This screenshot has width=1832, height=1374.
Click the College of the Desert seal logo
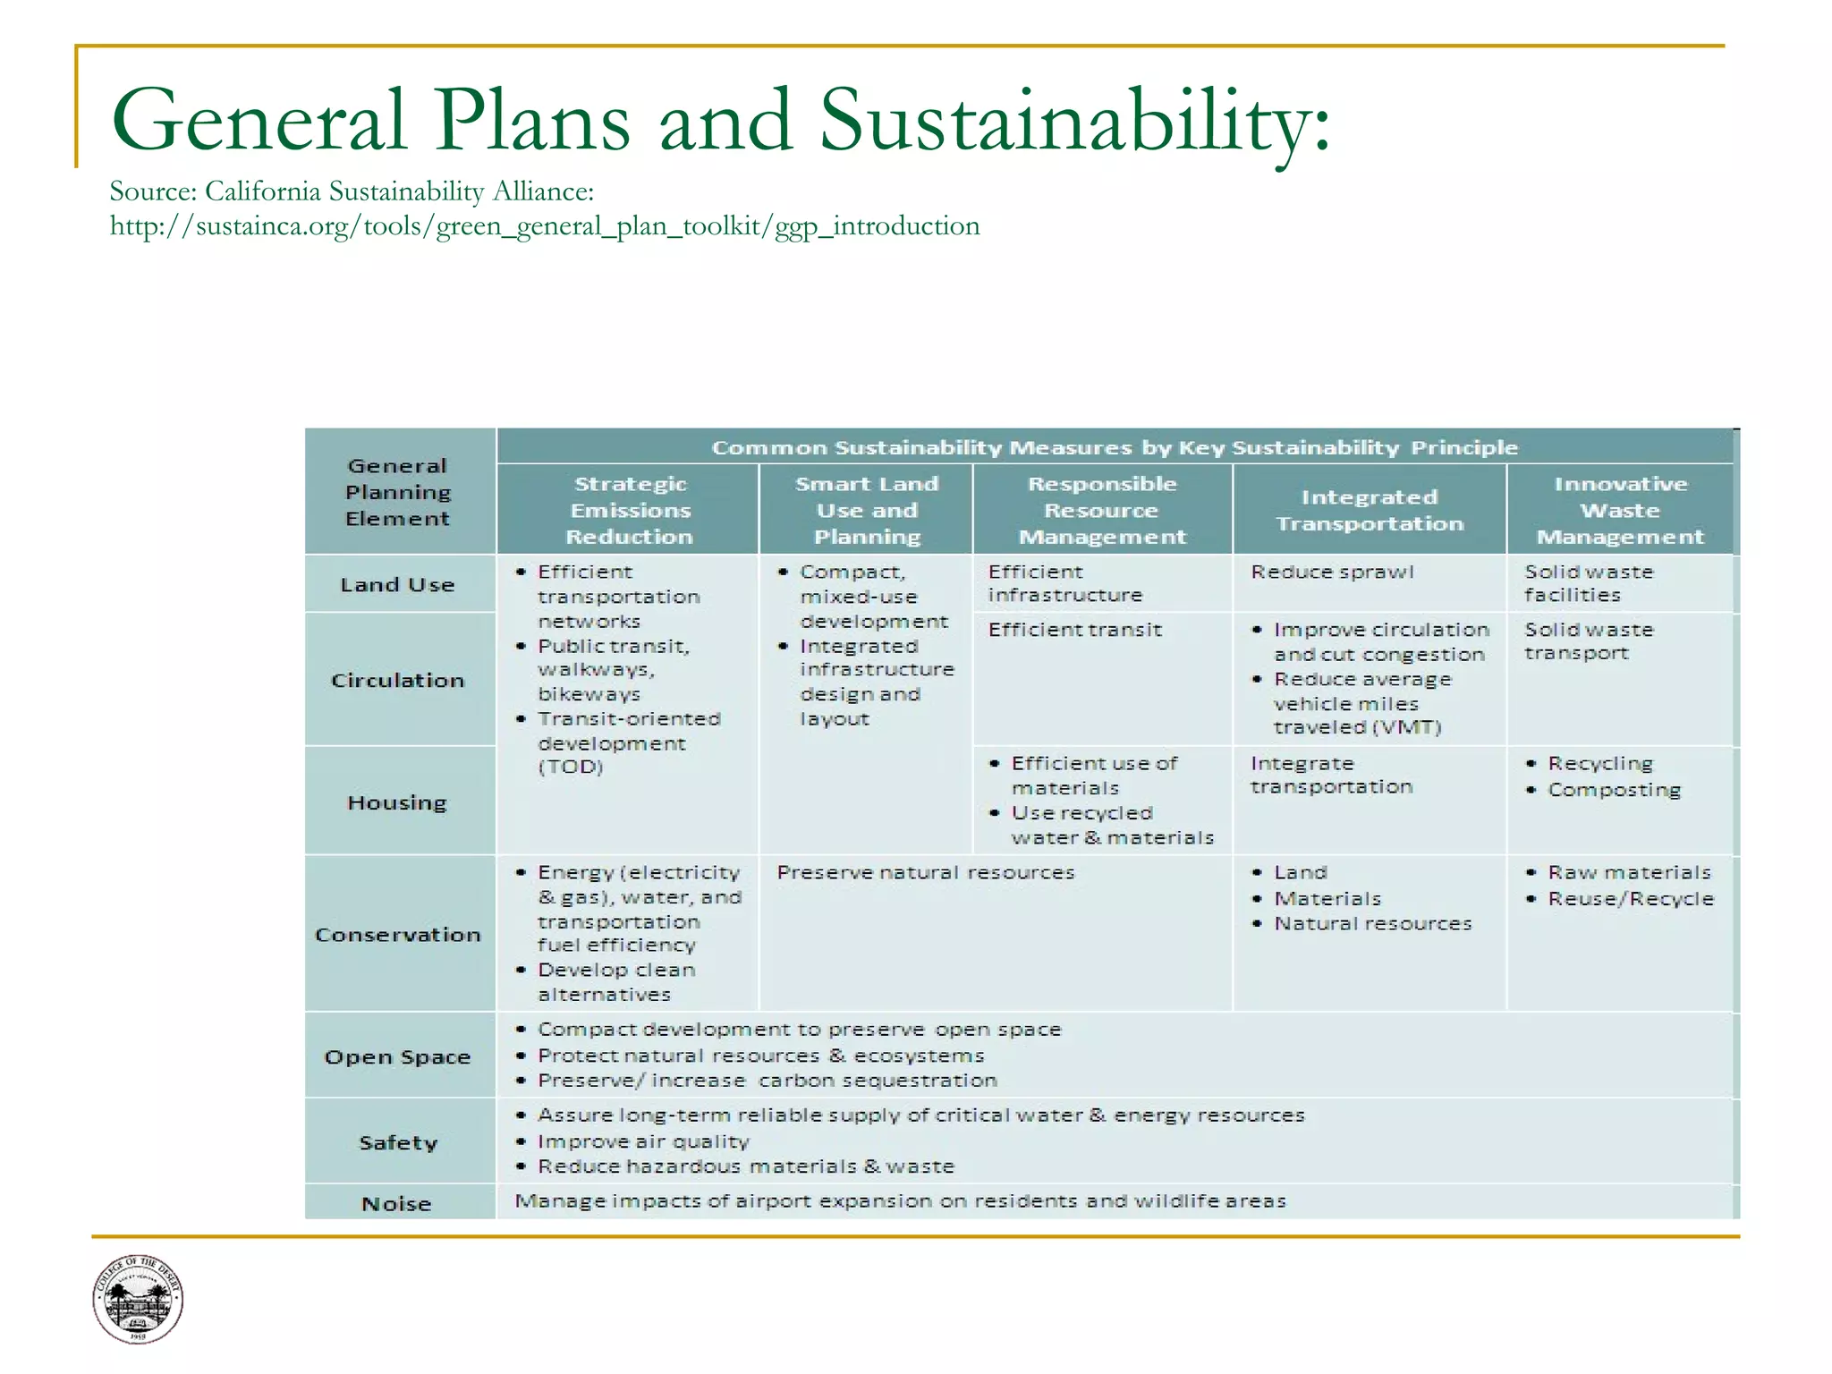138,1298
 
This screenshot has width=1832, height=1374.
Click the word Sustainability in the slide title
1073,121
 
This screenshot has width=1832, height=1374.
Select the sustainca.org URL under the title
544,225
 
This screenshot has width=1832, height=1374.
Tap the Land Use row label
398,585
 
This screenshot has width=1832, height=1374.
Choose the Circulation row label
398,681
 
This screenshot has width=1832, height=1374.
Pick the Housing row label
397,802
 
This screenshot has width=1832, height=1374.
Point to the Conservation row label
398,935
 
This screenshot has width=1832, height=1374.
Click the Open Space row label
398,1057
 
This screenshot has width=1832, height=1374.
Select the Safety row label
398,1142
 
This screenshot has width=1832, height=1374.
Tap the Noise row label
396,1204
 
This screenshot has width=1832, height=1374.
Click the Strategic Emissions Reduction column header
630,510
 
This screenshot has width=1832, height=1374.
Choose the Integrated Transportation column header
1370,510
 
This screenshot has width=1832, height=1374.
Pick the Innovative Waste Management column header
1620,510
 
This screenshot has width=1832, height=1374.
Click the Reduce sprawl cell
1332,572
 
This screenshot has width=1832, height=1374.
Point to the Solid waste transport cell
1589,641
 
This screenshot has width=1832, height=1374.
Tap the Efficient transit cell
1074,630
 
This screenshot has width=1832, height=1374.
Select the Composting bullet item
1614,790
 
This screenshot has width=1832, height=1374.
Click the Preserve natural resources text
925,872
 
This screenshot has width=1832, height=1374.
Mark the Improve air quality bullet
643,1141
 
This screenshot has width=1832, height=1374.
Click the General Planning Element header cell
398,492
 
